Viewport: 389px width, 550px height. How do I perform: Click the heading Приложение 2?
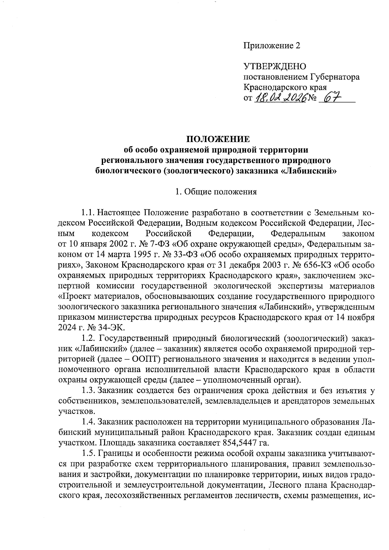point(272,46)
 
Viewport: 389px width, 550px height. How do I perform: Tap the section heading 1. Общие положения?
point(216,192)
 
